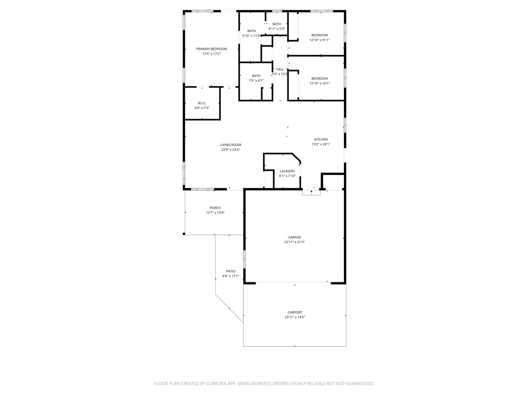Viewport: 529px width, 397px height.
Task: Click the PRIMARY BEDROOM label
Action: pos(211,49)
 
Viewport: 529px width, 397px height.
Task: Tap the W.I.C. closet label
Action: pos(202,103)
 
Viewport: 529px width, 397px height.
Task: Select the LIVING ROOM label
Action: pos(231,145)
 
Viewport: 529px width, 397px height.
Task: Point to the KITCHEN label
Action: pos(321,139)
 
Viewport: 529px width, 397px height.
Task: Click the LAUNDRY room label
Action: pos(287,171)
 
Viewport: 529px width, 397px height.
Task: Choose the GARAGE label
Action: pos(294,237)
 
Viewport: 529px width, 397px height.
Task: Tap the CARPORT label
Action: pos(295,312)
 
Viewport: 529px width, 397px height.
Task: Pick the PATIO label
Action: pos(231,271)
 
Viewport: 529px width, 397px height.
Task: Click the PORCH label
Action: pos(215,208)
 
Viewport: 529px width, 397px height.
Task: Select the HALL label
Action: pos(280,69)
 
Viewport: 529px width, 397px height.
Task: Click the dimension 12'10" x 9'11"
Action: pos(320,40)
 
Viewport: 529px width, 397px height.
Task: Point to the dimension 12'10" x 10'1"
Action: pos(320,83)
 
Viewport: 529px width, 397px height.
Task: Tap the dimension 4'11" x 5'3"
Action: pos(277,29)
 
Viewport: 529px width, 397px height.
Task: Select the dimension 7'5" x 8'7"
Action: pos(256,81)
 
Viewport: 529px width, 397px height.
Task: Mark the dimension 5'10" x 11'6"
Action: pos(251,36)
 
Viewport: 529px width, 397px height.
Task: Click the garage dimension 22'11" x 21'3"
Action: pos(294,242)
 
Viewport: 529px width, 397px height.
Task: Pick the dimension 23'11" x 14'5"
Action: pos(295,317)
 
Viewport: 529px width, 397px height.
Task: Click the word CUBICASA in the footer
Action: pos(216,383)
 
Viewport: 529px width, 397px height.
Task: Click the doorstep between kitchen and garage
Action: pos(311,193)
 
